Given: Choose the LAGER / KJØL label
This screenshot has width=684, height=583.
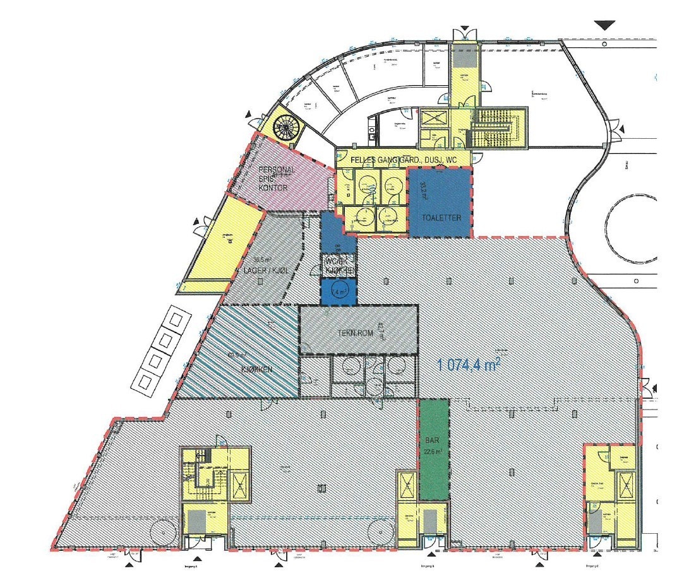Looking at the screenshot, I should (x=265, y=271).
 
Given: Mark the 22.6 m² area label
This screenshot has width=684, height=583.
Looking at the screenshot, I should (x=433, y=452).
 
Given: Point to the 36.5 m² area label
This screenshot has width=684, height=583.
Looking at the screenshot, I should (x=262, y=259).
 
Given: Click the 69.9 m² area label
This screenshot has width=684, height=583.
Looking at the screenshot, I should (x=237, y=355).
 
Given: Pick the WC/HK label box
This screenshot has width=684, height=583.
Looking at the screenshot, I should (x=339, y=266).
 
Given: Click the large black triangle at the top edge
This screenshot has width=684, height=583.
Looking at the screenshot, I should (x=605, y=25).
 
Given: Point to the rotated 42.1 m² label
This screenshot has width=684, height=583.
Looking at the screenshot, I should (x=380, y=331).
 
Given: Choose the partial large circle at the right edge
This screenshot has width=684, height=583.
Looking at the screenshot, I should (x=632, y=231).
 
